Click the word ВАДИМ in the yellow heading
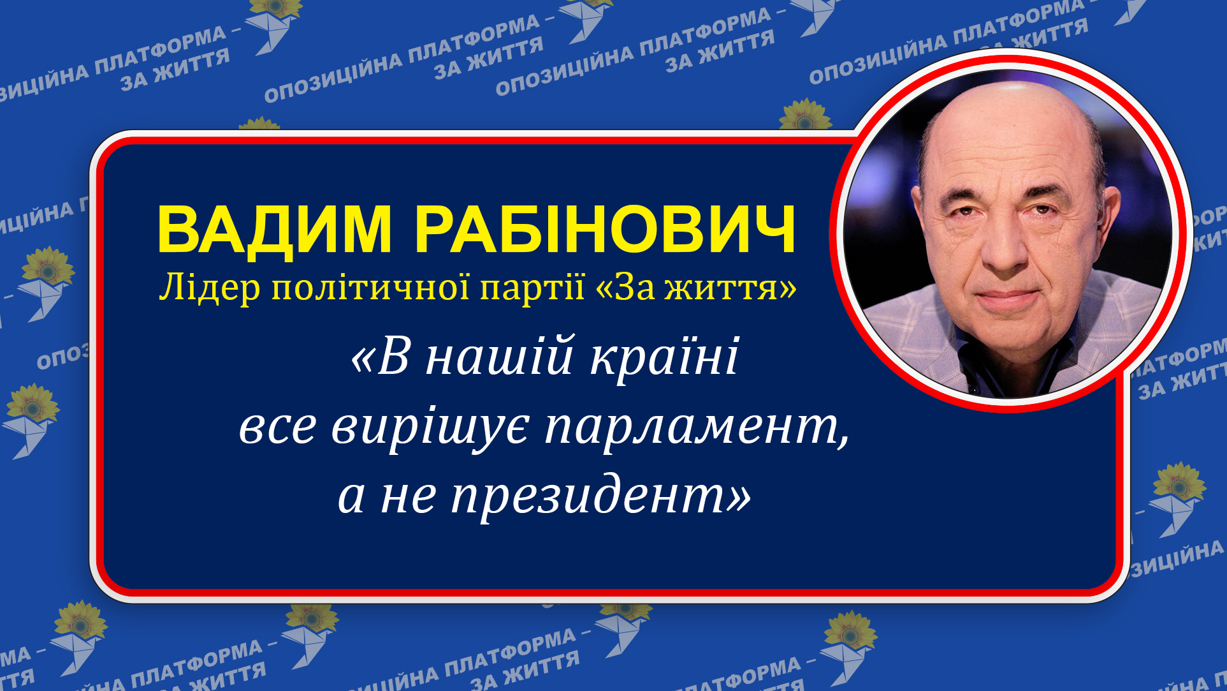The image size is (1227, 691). tap(274, 230)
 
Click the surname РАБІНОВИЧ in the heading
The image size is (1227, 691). tap(606, 230)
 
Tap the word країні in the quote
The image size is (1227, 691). tap(665, 357)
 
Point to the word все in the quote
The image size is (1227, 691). tap(277, 427)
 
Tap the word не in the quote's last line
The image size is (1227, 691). tap(408, 496)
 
